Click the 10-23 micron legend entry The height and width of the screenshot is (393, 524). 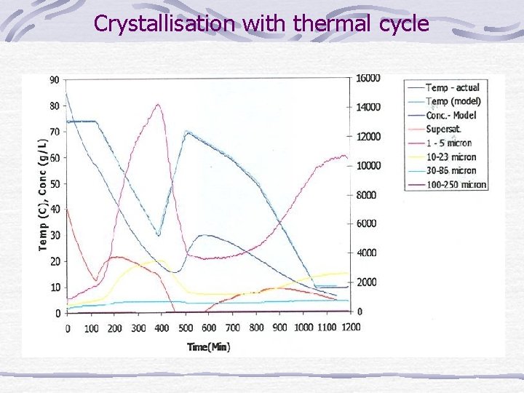click(x=450, y=157)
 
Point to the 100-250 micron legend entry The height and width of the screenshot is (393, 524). click(x=456, y=185)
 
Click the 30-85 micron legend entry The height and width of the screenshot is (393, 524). click(x=450, y=171)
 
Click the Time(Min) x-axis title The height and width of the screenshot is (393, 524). click(x=209, y=347)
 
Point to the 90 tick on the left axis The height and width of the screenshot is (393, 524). click(x=55, y=79)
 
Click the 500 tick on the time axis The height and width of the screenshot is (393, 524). click(x=186, y=328)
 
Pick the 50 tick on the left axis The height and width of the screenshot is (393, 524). click(x=55, y=183)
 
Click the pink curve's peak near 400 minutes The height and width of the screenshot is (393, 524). click(x=158, y=104)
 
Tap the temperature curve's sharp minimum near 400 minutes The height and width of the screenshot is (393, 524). click(x=159, y=236)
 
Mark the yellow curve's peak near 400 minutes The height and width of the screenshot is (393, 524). click(x=160, y=261)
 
